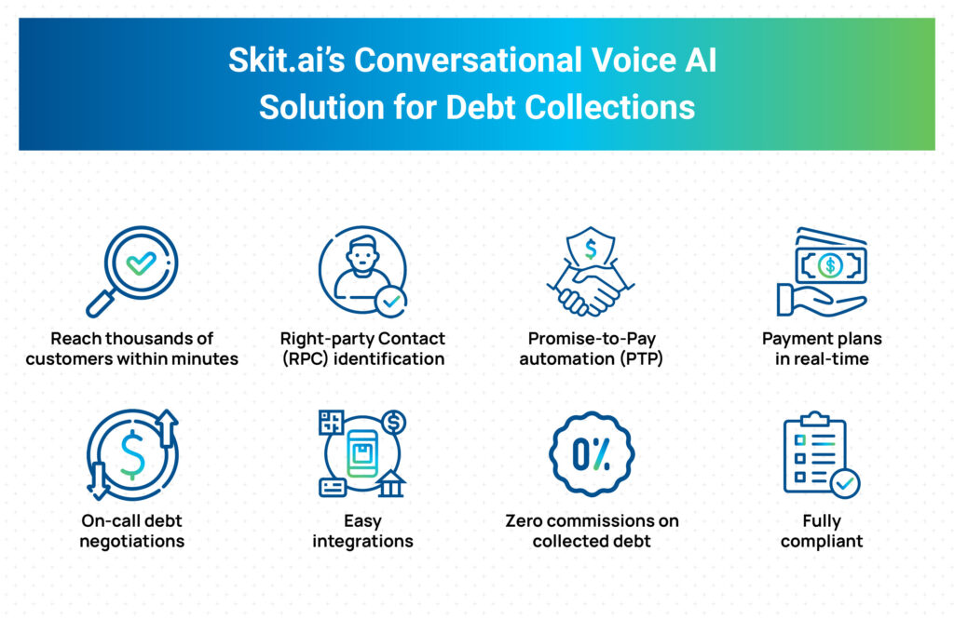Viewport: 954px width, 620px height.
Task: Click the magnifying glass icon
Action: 132,271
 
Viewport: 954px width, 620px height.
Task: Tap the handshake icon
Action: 590,290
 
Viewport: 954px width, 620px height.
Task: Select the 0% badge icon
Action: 592,454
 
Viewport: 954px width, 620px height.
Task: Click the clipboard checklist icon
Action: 821,454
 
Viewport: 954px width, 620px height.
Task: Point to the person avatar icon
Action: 362,271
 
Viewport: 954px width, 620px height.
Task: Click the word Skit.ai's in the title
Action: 287,61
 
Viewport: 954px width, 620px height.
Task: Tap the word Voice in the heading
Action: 634,61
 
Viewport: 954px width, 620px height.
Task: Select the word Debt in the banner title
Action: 481,108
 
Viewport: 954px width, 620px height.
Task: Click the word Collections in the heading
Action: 609,108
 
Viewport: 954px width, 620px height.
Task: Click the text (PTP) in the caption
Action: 641,358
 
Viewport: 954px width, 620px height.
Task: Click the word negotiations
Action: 132,542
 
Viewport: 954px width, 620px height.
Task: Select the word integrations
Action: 362,542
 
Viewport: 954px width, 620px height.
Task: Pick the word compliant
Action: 822,542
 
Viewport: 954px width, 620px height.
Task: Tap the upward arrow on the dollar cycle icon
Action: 167,428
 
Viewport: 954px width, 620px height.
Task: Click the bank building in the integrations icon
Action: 391,483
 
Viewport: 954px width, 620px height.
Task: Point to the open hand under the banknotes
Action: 818,301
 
